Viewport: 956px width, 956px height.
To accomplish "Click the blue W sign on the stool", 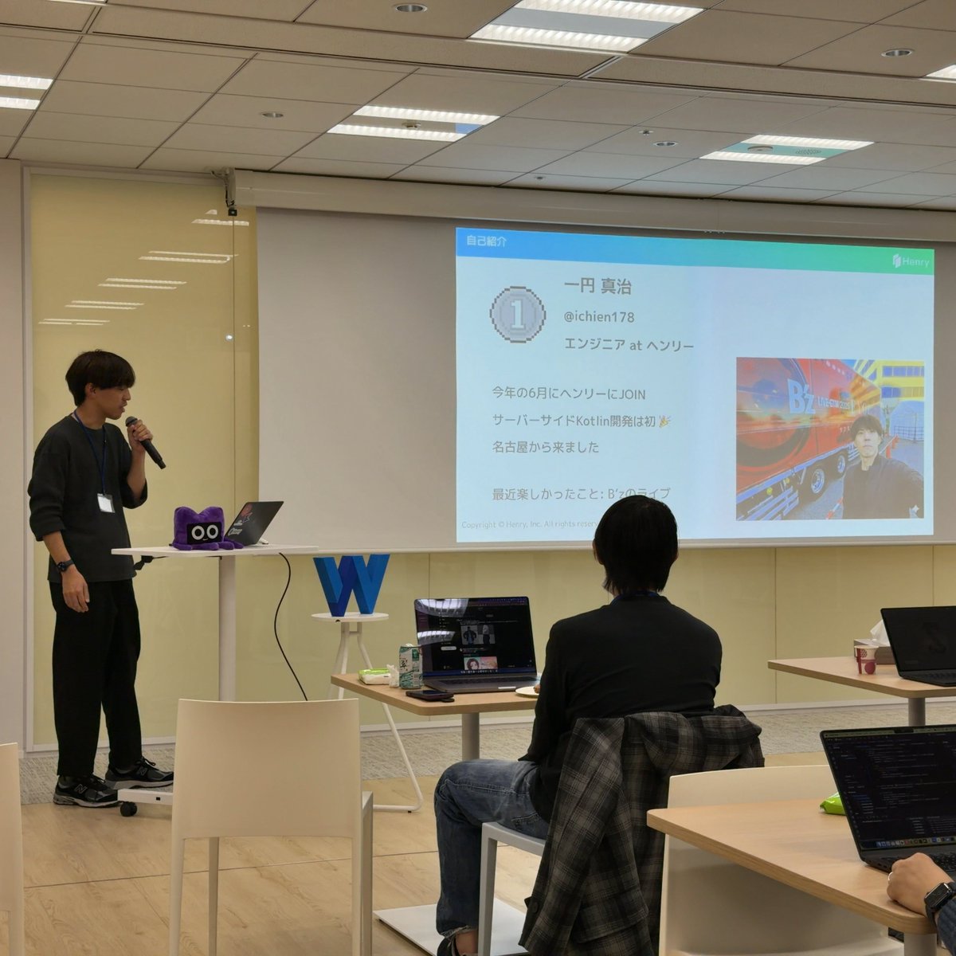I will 351,584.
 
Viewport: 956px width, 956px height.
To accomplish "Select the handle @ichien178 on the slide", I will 598,317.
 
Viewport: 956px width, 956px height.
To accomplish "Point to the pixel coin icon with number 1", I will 518,316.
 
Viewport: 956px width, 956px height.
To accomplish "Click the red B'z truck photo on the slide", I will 829,438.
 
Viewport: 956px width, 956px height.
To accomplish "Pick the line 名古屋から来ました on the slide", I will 546,448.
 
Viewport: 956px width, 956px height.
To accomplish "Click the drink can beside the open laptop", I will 409,666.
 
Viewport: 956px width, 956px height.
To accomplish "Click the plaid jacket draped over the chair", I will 637,805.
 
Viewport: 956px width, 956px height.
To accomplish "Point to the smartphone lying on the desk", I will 429,695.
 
